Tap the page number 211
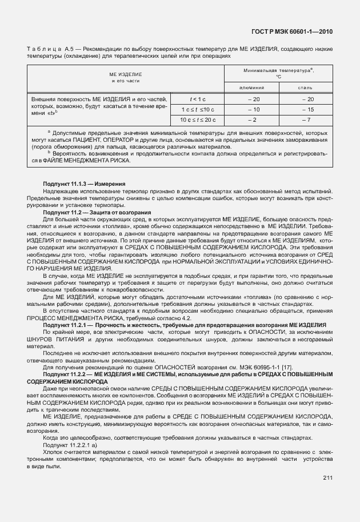click(327, 477)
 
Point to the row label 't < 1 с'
click(197, 99)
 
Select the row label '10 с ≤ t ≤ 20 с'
click(197, 119)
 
